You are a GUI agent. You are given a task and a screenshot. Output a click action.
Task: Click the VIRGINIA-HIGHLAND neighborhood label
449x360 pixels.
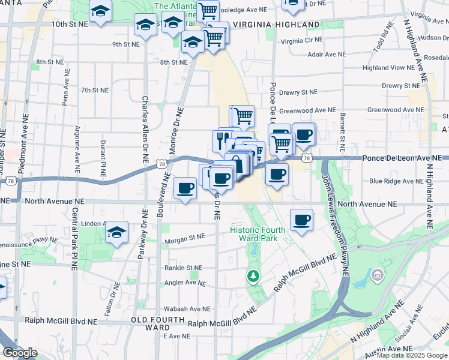276,25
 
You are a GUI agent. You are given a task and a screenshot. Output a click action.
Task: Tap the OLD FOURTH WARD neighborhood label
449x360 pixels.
150,325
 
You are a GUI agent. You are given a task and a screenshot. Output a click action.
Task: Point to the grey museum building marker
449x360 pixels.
378,276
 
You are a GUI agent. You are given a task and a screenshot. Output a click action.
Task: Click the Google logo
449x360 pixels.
20,353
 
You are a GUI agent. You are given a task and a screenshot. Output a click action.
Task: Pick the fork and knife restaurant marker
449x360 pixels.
220,140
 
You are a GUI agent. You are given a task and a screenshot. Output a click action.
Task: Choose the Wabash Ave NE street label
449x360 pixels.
188,309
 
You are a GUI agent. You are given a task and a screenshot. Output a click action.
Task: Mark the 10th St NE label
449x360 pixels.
70,24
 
